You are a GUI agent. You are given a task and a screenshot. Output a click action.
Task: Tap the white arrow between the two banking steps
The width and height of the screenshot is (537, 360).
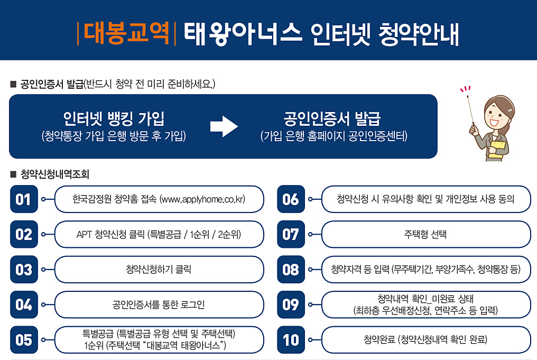(224, 127)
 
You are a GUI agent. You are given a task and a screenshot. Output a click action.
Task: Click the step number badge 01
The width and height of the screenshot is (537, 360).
(24, 199)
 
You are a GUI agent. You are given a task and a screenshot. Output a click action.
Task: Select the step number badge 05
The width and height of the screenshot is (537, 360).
(24, 340)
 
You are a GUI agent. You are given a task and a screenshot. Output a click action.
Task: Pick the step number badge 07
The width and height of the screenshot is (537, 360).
(291, 234)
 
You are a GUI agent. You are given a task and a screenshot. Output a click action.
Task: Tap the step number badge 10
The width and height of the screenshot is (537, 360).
(291, 340)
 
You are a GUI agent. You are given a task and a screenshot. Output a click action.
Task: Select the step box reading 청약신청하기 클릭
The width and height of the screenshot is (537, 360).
(159, 270)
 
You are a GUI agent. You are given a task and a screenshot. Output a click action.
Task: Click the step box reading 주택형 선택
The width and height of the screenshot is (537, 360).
(425, 234)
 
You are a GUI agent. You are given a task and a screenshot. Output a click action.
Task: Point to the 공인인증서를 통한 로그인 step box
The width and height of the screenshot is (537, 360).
(159, 304)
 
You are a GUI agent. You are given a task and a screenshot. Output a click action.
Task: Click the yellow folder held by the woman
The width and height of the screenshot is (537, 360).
(496, 150)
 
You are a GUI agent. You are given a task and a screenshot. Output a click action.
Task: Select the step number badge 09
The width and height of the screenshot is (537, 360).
(291, 304)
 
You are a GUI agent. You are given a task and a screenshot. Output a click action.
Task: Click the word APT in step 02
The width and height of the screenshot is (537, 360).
(85, 234)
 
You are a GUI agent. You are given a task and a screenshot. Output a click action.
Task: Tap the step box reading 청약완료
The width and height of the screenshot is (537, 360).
(425, 340)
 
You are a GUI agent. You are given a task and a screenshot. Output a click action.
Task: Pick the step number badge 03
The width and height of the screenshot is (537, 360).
(24, 270)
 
